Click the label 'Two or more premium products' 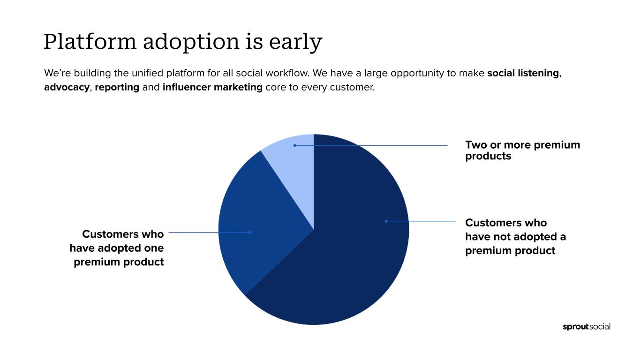click(523, 150)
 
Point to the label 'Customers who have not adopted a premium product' click(515, 237)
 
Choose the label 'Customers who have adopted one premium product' click(117, 248)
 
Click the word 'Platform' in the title click(90, 42)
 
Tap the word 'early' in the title click(295, 43)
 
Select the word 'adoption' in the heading click(191, 43)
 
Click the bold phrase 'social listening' click(523, 73)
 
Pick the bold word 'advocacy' click(67, 88)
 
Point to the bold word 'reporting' click(117, 88)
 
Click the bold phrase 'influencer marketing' click(212, 87)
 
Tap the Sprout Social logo click(587, 327)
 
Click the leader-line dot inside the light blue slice click(295, 145)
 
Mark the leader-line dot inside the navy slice click(386, 221)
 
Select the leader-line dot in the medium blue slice click(250, 232)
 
